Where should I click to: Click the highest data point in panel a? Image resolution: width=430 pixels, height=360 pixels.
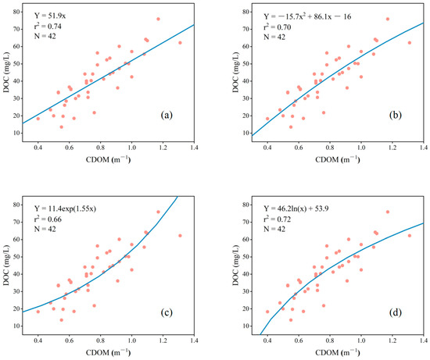pos(158,19)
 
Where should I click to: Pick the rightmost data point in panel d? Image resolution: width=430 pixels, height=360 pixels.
pos(409,235)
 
